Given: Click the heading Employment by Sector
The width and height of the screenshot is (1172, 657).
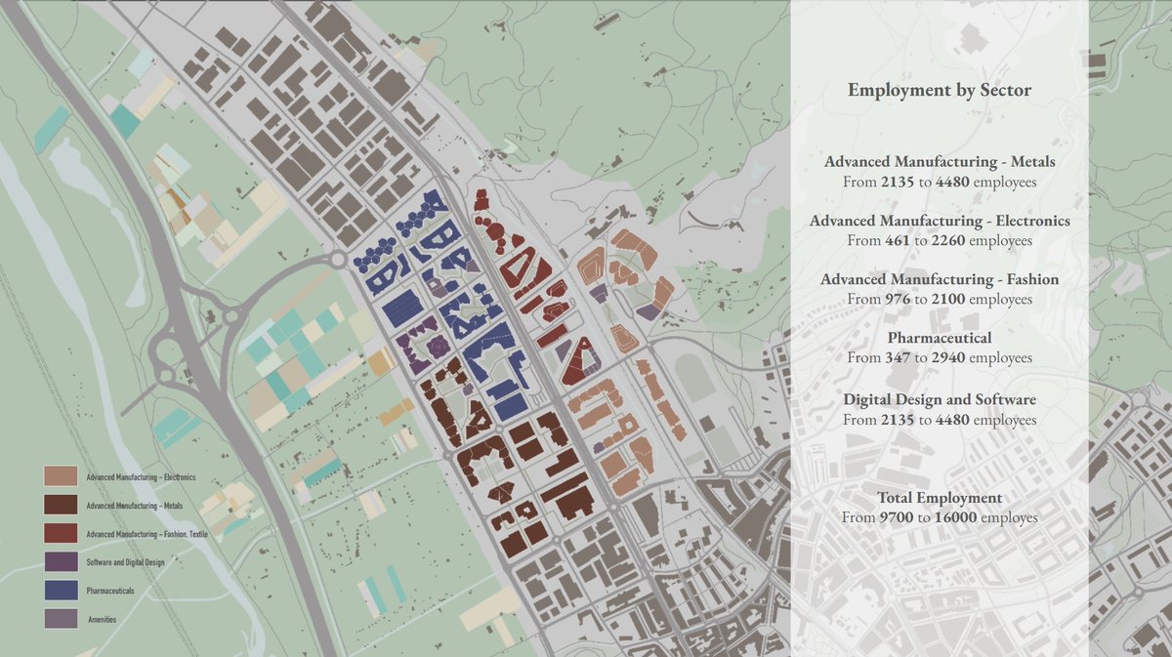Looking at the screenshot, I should (x=940, y=91).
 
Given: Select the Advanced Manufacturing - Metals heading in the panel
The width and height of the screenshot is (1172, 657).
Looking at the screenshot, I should (x=940, y=162).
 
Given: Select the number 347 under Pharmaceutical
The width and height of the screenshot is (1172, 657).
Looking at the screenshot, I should (x=900, y=358).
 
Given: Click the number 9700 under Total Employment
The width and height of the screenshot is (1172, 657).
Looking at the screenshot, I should (x=900, y=517).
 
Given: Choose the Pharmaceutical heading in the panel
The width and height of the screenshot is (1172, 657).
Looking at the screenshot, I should (x=940, y=338).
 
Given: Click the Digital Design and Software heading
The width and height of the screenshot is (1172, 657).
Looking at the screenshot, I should (x=940, y=400).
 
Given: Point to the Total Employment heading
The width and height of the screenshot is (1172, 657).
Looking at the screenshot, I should (x=940, y=498).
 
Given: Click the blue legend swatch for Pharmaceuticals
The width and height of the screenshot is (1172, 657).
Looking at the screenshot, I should (x=62, y=591).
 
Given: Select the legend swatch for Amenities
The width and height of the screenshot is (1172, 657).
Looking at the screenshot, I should (x=62, y=619).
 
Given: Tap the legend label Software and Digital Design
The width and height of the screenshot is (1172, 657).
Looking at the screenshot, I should (x=125, y=562).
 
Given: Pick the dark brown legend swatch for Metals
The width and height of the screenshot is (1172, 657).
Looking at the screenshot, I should (x=62, y=506).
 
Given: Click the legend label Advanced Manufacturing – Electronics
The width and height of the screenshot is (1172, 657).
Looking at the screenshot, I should (x=141, y=477).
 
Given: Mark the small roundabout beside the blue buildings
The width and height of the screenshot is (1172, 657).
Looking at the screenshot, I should (x=339, y=261).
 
